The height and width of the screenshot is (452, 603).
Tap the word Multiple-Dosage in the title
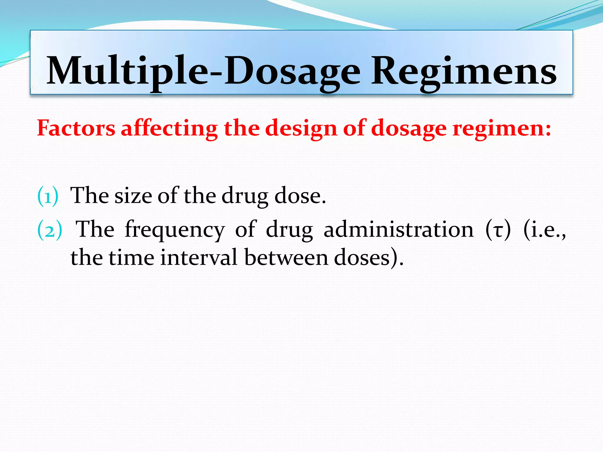coord(203,72)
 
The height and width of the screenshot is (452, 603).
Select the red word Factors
coord(76,128)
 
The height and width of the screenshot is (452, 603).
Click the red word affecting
coord(169,128)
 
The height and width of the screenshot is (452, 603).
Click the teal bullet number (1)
coord(48,196)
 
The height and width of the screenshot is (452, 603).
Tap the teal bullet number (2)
coord(50,230)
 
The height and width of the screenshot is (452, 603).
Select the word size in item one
coord(133,196)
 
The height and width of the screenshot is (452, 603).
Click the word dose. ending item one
coord(300,196)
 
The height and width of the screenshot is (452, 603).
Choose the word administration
coord(399,230)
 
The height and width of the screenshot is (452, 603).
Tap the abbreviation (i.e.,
coord(544,230)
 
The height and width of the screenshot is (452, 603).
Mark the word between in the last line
coord(286,257)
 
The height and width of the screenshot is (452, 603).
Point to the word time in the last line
coord(132,257)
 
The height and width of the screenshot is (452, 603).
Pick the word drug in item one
coord(245,196)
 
